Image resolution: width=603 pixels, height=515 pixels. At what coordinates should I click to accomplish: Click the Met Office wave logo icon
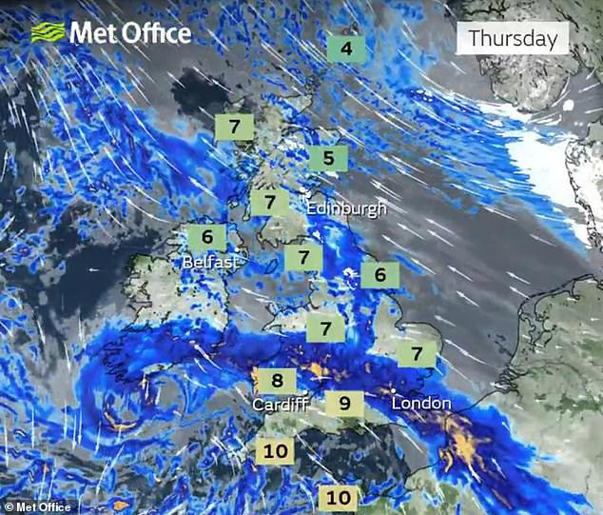tap(48, 32)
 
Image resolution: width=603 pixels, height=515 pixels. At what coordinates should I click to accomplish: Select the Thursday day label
tap(513, 39)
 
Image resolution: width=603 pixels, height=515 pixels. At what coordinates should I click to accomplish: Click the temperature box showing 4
tap(346, 48)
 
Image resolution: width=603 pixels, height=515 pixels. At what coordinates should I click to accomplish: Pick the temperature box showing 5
tap(328, 157)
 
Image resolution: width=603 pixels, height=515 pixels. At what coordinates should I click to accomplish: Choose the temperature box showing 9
tap(344, 403)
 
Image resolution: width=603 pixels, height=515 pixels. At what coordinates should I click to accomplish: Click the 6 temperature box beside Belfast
tap(206, 237)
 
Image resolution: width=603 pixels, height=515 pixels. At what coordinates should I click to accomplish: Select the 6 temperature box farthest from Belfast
tap(379, 274)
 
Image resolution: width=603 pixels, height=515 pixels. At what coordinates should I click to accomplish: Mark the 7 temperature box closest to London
tap(416, 353)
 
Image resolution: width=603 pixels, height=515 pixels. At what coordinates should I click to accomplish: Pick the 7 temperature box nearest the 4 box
tap(234, 127)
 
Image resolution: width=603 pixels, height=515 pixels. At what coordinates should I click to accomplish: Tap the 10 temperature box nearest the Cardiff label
tap(277, 451)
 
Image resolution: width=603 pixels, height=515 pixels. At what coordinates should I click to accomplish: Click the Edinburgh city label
tap(346, 208)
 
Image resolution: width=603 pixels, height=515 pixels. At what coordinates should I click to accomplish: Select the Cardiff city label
tap(281, 405)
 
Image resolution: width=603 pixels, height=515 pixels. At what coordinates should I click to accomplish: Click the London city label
tap(421, 404)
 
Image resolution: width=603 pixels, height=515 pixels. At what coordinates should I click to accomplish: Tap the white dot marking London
tap(394, 390)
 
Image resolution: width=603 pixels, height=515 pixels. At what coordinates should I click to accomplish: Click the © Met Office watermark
tap(39, 506)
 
